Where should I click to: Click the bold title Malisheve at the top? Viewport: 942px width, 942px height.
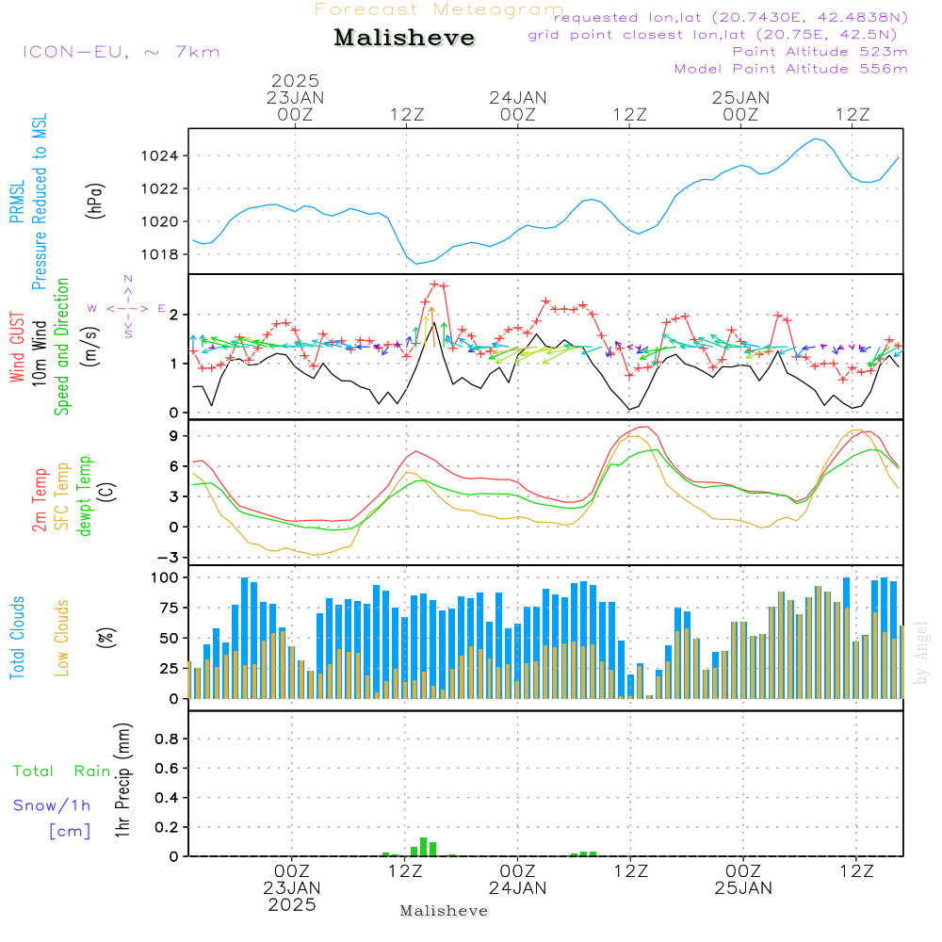coord(404,38)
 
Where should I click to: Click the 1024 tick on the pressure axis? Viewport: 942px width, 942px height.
coord(164,155)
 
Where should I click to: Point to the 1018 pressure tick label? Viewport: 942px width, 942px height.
coord(164,254)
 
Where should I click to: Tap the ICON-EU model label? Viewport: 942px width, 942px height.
coord(121,51)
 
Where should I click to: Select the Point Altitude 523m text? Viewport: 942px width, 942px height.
coord(820,51)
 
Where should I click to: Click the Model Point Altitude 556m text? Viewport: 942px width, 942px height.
coord(791,68)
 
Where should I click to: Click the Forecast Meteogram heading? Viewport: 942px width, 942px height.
coord(439,9)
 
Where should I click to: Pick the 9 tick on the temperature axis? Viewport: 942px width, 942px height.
coord(174,435)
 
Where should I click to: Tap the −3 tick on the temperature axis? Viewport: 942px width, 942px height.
coord(170,557)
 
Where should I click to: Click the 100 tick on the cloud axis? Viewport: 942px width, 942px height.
coord(166,577)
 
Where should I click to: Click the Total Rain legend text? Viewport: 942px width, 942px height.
coord(62,771)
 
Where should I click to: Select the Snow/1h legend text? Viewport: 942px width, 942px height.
coord(53,805)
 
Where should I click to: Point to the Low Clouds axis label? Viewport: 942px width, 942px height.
coord(62,638)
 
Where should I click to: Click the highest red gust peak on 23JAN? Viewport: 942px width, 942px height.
coord(434,284)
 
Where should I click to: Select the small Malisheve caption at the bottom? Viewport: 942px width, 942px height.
coord(444,911)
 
